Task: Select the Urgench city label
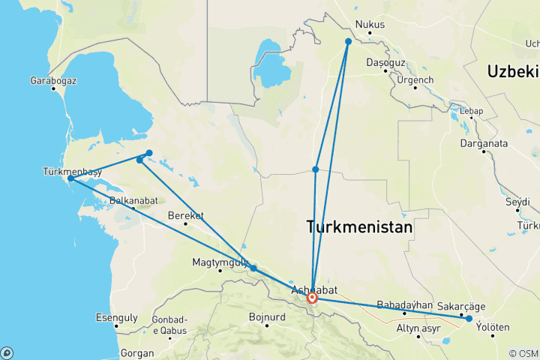415,79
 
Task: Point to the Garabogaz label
53,80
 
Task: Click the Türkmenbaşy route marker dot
70,178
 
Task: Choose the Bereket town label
185,215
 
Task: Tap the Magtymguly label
220,262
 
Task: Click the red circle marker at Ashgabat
312,298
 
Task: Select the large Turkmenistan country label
360,227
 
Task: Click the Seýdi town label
518,202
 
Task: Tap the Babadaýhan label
406,304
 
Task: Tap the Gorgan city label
137,352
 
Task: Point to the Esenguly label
116,317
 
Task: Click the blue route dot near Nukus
349,41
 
